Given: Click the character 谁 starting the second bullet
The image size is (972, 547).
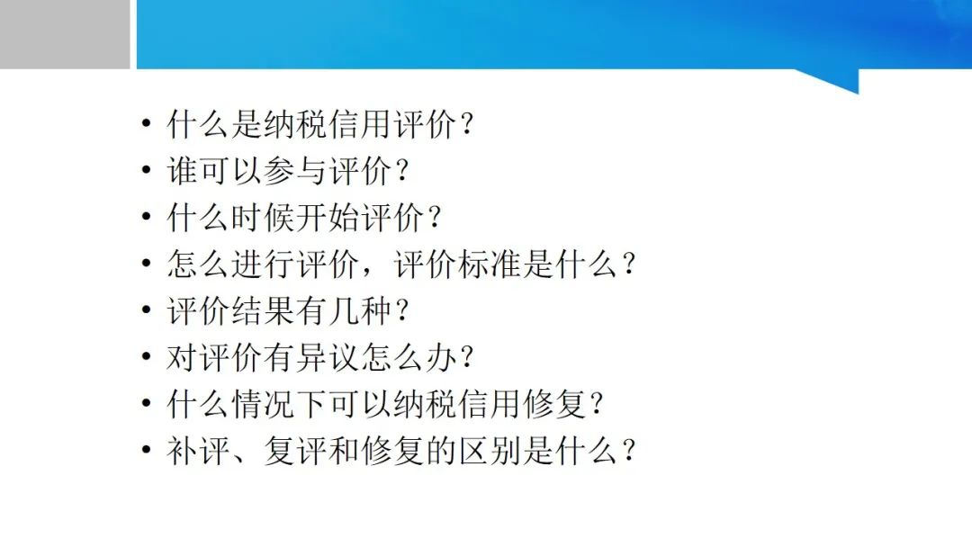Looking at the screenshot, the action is pyautogui.click(x=182, y=170).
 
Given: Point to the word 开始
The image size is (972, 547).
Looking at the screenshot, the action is pyautogui.click(x=327, y=217).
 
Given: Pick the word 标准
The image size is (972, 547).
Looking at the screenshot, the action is pyautogui.click(x=489, y=264).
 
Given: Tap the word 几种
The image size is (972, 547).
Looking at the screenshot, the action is pyautogui.click(x=359, y=309).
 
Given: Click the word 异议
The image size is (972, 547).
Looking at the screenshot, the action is pyautogui.click(x=327, y=357).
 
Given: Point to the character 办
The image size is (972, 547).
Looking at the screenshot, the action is pyautogui.click(x=440, y=357).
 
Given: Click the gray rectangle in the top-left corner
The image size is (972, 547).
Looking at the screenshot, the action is pyautogui.click(x=65, y=34).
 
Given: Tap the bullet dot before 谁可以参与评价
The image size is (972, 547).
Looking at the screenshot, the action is pyautogui.click(x=147, y=169).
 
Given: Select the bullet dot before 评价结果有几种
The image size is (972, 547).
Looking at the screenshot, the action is pyautogui.click(x=147, y=309).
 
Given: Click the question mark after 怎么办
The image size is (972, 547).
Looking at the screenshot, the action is pyautogui.click(x=466, y=357).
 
